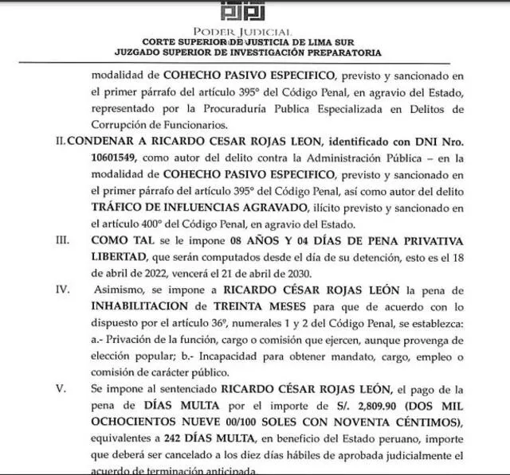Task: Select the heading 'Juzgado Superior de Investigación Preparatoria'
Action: click(x=254, y=53)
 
